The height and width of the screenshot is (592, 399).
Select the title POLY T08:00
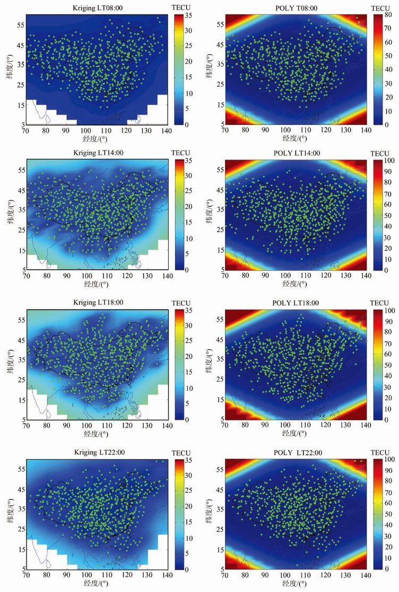(296, 8)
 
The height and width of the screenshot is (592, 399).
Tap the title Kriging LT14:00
(98, 154)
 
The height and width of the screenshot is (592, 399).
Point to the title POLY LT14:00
(296, 154)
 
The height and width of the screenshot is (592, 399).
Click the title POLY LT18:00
(296, 303)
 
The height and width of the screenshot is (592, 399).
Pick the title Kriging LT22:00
(98, 452)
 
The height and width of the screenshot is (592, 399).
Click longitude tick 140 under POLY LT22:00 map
(366, 577)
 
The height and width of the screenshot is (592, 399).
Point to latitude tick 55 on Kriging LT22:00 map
(21, 470)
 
